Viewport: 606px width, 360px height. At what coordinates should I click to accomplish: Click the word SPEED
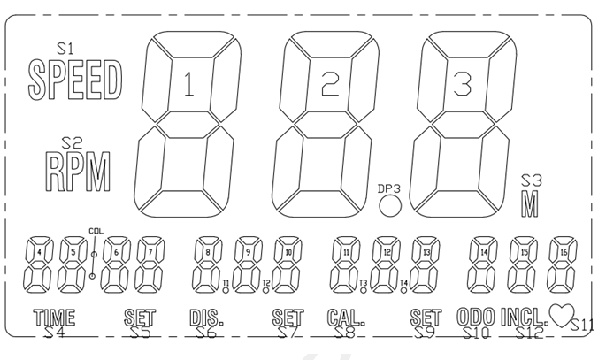(x=74, y=80)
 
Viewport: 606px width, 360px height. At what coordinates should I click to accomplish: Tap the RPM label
(x=80, y=172)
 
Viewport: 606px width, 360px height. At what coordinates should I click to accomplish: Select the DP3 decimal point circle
(x=389, y=208)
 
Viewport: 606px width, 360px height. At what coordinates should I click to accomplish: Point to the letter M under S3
(x=529, y=203)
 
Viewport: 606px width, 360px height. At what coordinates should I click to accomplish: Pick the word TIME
(x=54, y=318)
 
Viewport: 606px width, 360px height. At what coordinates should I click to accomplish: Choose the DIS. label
(x=206, y=318)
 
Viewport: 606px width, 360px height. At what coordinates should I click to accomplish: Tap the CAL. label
(x=346, y=318)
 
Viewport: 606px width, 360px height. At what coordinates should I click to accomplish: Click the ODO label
(x=476, y=317)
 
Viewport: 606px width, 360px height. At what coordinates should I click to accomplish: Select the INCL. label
(x=524, y=317)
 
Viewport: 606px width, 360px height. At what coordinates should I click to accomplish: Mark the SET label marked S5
(x=140, y=318)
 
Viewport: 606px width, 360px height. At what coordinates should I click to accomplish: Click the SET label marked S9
(x=426, y=318)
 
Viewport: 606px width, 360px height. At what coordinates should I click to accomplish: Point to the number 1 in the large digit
(x=188, y=85)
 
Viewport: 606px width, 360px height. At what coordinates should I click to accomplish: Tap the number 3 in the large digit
(x=460, y=85)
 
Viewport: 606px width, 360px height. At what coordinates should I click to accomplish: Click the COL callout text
(x=96, y=232)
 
